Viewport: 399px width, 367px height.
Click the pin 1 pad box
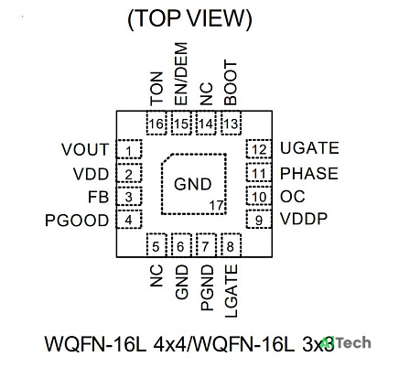[x=129, y=149]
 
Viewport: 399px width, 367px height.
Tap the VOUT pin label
[x=85, y=149]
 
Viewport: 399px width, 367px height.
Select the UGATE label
[x=309, y=148]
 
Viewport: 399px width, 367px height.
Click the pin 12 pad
[x=259, y=149]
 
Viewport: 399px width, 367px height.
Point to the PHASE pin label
[x=309, y=173]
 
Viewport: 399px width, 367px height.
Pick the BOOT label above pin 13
[x=231, y=82]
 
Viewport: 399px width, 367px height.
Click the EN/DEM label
[x=180, y=73]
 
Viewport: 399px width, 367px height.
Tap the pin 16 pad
[x=156, y=123]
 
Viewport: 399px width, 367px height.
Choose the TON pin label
[x=156, y=88]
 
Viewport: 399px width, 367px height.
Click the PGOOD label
[x=77, y=221]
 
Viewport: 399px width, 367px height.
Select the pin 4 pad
[x=129, y=219]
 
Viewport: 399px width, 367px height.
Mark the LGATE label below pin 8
[x=231, y=291]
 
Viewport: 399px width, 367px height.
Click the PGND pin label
[x=207, y=287]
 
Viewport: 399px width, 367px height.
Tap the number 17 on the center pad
[x=216, y=206]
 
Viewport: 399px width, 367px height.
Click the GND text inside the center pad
[x=193, y=184]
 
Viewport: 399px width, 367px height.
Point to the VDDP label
[x=304, y=219]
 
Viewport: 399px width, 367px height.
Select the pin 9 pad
[x=259, y=219]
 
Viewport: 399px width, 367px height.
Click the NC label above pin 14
[x=206, y=94]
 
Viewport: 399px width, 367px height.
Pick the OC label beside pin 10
[x=293, y=196]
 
